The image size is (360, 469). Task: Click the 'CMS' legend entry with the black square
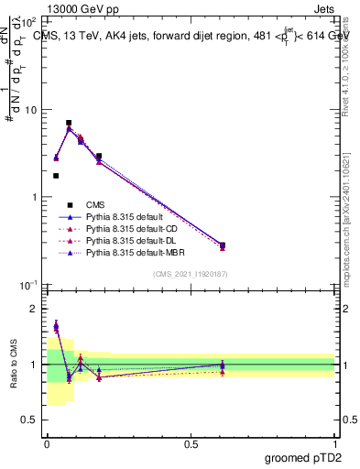click(96, 205)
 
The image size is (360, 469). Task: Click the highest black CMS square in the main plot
click(69, 123)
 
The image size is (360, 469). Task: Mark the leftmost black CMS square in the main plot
click(56, 176)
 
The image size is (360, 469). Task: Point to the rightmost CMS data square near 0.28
click(223, 245)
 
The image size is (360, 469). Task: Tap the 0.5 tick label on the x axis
click(191, 443)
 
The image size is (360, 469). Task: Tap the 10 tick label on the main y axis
click(32, 110)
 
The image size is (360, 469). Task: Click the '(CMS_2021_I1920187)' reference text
click(191, 274)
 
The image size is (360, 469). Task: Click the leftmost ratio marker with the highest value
click(56, 325)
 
